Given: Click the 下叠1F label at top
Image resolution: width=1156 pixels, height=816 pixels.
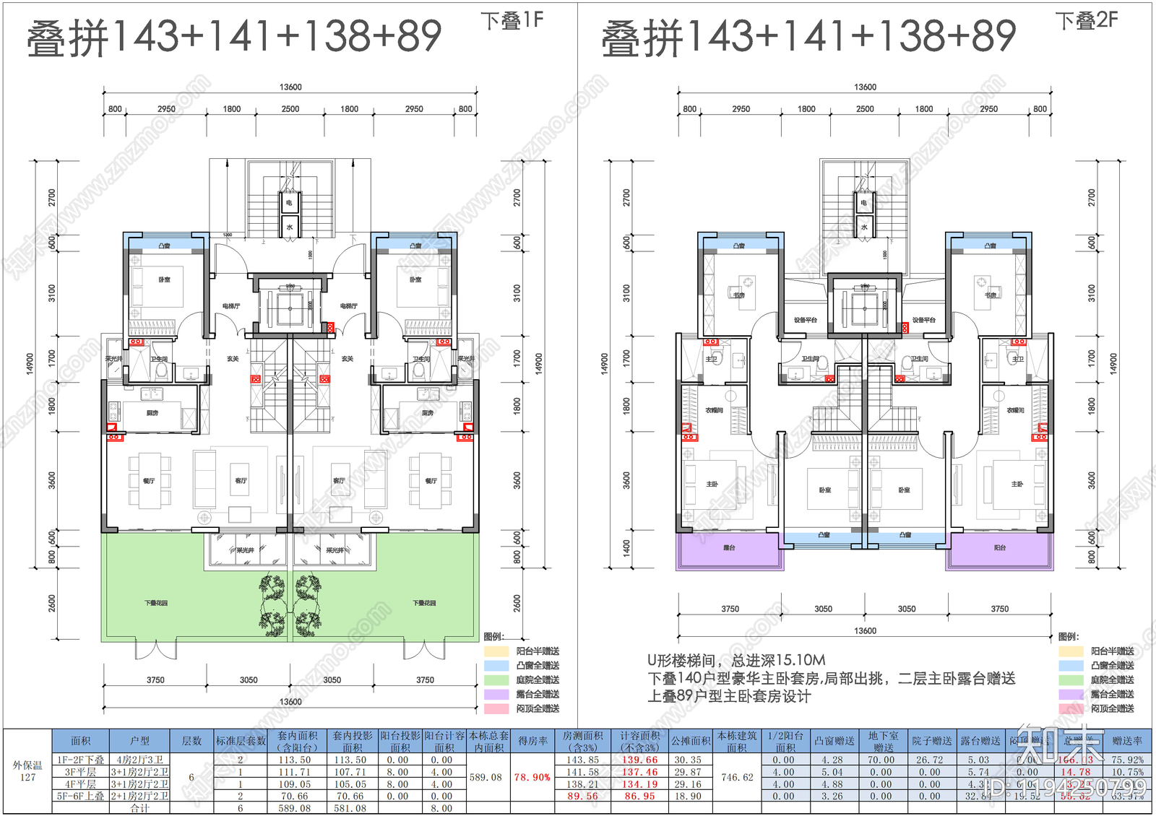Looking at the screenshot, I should pos(512,20).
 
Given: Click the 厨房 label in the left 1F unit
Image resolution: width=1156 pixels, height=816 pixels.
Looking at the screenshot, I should pos(152,413).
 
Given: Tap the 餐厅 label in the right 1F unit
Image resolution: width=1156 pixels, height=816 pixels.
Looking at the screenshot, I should pos(431,480).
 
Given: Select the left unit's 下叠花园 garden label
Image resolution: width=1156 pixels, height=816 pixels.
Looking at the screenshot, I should pos(155,603).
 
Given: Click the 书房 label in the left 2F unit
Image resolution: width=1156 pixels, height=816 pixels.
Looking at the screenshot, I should pos(738,295).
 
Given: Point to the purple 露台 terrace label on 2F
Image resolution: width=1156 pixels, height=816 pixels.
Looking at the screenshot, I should pos(729,548).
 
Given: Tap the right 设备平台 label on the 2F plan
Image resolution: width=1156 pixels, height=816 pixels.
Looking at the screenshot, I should pos(923,320).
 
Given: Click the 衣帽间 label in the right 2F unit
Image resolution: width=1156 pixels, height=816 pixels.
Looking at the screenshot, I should pos(1015,410).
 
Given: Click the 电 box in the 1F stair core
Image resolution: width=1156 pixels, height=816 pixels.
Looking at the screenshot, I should pos(289,203).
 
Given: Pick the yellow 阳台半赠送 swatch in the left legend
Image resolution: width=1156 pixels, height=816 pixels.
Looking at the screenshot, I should pos(496,651).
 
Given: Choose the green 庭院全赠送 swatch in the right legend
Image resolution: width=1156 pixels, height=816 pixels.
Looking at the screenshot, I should pos(1071,680).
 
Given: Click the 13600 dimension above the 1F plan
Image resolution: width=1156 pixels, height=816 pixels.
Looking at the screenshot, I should pos(290,87).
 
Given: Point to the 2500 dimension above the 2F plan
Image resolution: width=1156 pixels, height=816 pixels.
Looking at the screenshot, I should pos(865,109).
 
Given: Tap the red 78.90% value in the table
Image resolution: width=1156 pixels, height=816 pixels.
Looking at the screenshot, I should pos(532,778).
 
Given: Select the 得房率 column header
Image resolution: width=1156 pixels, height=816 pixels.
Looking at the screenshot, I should pos(532,741).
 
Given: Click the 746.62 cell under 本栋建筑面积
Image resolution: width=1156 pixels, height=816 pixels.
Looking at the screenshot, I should pos(737,778).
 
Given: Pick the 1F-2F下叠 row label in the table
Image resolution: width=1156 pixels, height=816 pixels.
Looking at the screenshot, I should pos(81,760).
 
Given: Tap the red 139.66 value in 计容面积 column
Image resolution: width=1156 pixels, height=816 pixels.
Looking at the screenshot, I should pos(640,760).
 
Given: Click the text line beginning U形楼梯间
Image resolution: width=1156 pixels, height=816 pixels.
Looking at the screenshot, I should pos(736,660).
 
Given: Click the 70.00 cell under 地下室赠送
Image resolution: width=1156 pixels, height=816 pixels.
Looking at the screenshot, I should pos(881,760).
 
